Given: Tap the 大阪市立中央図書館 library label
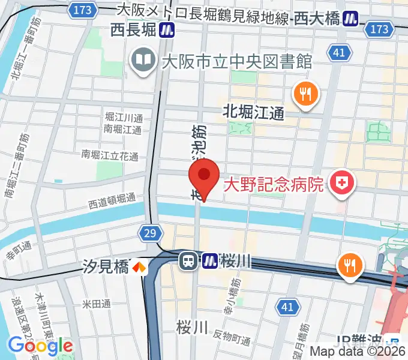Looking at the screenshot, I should pos(236,61).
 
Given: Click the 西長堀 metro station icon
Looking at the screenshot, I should pos(167,29).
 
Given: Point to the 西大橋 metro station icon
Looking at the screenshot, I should pos(350,19).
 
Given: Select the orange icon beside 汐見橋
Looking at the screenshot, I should pos(139,266).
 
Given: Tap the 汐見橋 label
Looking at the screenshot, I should pos(106,266).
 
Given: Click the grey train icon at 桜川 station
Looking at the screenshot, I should pos(188,261).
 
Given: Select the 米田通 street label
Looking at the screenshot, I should pos(97,304).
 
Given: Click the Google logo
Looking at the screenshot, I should pos(40,346).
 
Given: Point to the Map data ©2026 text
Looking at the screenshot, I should pos(358,352).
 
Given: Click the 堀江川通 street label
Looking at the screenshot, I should pos(123,117).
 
